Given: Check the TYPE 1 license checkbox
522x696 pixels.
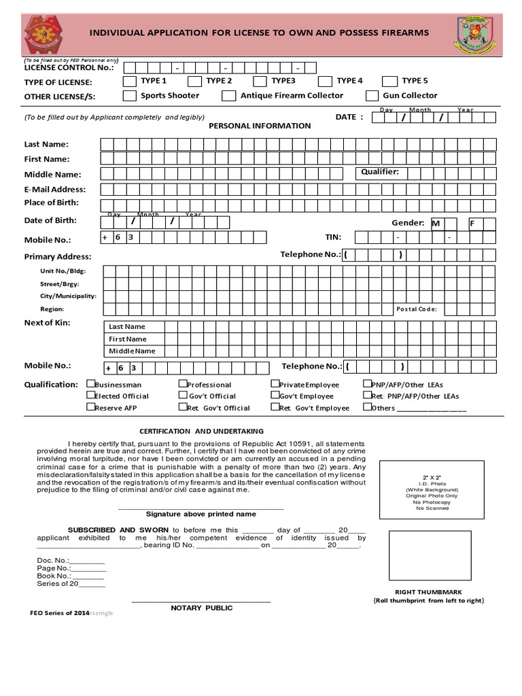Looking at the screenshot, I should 129,81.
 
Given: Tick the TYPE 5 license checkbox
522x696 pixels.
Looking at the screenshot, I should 389,81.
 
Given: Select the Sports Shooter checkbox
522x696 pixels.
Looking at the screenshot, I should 129,96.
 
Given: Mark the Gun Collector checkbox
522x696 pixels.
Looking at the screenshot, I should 372,96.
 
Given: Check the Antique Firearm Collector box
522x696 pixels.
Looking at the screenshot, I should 228,96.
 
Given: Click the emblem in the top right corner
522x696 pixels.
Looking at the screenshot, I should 475,33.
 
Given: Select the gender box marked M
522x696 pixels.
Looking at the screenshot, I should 438,223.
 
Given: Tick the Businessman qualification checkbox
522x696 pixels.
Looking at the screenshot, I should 90,384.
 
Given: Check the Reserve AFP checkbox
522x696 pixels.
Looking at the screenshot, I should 90,407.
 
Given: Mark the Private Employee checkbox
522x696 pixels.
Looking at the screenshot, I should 275,384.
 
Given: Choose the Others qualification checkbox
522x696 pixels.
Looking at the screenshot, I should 367,407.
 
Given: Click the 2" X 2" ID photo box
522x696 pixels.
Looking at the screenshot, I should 432,492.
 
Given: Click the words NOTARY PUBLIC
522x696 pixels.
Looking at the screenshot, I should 201,608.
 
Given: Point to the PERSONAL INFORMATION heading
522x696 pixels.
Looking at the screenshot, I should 260,126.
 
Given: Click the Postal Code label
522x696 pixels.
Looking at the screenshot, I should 416,309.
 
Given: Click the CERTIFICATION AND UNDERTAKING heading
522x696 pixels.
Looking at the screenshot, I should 201,431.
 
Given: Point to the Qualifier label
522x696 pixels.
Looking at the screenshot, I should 380,172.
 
